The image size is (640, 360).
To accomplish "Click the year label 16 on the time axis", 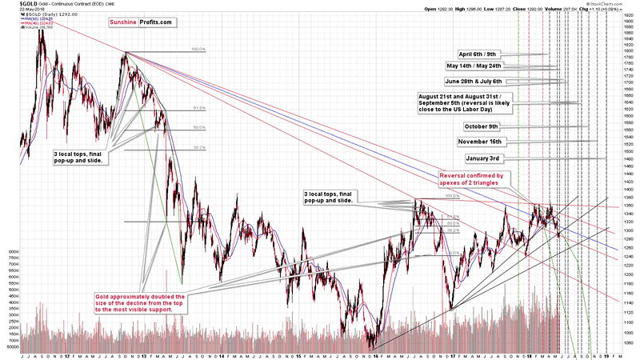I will [x=374, y=354].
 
